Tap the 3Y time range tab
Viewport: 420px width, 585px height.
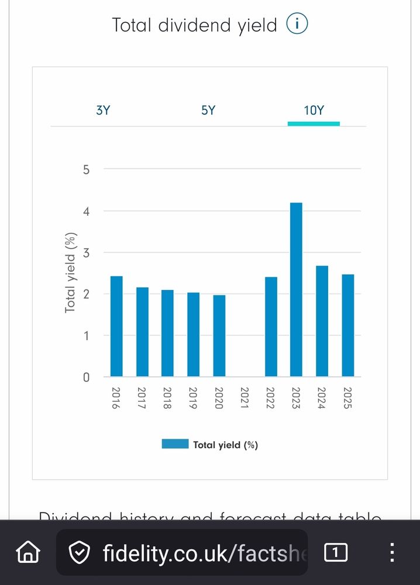point(103,110)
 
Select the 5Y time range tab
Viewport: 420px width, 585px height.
point(208,110)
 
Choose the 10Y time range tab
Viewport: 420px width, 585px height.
point(314,110)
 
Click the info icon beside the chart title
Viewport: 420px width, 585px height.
point(297,25)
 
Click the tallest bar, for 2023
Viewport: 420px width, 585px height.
point(296,290)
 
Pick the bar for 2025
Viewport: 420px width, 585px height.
point(347,325)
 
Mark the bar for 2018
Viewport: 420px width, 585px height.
point(168,333)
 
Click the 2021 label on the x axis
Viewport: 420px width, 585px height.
point(245,398)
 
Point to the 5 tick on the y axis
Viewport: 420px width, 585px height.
point(87,170)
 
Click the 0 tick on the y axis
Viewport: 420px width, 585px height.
point(87,377)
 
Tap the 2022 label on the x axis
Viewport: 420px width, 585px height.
point(271,398)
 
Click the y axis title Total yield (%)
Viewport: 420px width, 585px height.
point(71,273)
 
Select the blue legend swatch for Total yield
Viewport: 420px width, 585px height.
point(175,444)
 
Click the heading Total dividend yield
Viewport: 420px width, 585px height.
point(194,26)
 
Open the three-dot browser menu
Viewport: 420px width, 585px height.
point(392,552)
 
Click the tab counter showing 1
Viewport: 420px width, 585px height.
point(336,552)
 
